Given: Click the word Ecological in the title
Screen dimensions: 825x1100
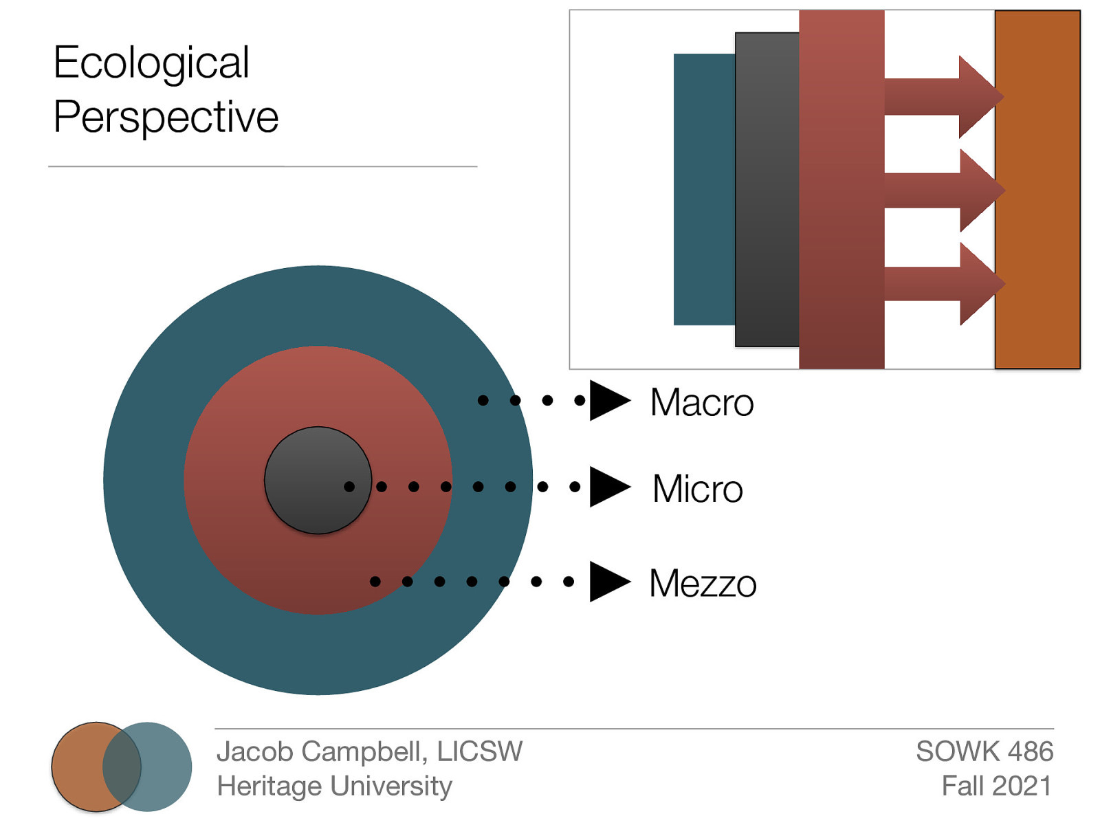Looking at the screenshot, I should (x=151, y=63).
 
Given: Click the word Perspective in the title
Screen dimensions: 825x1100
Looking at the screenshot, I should (x=166, y=117).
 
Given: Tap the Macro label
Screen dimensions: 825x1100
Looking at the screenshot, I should (x=702, y=403).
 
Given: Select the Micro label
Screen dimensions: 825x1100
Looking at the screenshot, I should (x=698, y=489).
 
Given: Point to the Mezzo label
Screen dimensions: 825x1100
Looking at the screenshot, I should (x=703, y=584).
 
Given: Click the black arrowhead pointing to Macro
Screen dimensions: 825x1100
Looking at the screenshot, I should (x=608, y=400).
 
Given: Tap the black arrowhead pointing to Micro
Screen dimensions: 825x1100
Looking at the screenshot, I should (x=608, y=487).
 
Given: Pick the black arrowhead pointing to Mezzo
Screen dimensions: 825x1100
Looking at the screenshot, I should (x=608, y=582).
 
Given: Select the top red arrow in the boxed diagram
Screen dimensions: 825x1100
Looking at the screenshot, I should (x=942, y=97).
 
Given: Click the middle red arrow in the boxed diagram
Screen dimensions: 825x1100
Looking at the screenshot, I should (x=942, y=190).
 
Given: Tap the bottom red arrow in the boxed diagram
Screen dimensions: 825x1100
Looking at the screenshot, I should (x=942, y=284).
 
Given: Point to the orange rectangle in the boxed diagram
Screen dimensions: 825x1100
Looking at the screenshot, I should (x=1037, y=190).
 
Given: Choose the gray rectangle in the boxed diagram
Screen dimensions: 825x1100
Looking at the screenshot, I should (x=767, y=190).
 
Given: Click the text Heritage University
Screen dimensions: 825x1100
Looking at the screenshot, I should (x=334, y=786).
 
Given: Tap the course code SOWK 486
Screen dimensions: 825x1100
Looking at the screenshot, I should (x=984, y=751).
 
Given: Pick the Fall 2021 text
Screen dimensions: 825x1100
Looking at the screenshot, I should (x=996, y=786).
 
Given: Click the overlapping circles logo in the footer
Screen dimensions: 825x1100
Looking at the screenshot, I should (x=122, y=767).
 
